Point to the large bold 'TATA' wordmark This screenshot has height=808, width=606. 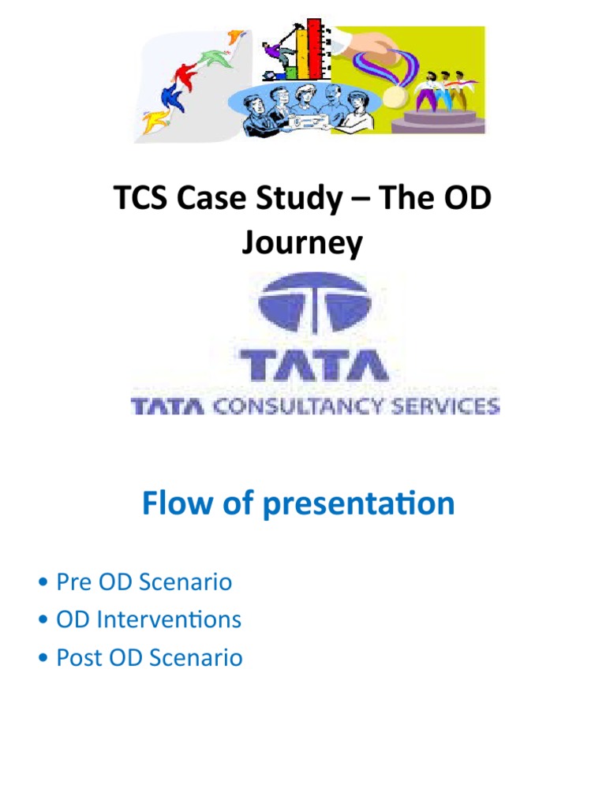point(313,364)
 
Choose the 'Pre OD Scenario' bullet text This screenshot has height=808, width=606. point(144,582)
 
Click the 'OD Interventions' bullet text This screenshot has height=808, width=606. point(149,620)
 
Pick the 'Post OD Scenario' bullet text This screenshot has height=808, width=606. point(150,657)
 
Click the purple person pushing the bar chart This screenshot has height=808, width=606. point(273,54)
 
